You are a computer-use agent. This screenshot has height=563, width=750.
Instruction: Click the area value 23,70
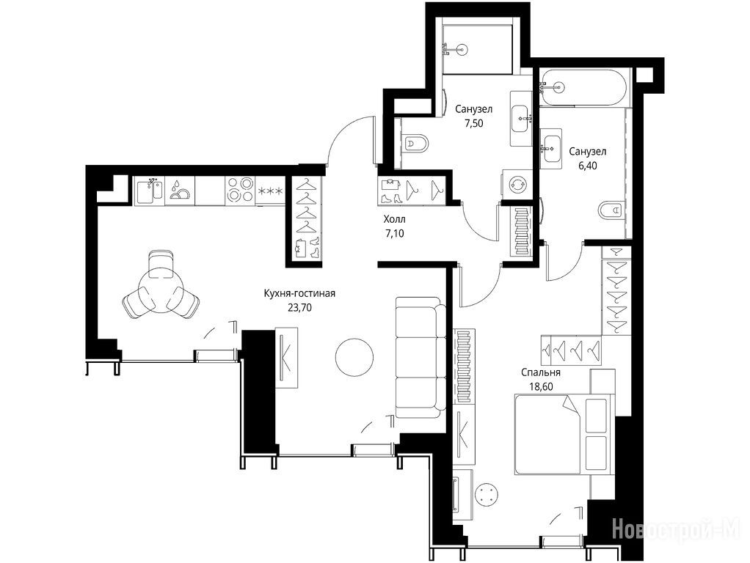[x=299, y=308]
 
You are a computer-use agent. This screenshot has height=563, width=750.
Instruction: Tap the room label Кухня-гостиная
[x=299, y=293]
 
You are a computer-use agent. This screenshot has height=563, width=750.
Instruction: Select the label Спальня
[x=541, y=373]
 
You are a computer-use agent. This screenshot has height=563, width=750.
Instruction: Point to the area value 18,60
[x=541, y=386]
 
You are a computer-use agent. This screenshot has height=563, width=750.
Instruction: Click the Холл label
[x=395, y=219]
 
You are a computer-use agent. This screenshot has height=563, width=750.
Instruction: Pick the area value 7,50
[x=473, y=123]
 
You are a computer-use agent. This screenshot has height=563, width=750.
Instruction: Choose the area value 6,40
[x=588, y=166]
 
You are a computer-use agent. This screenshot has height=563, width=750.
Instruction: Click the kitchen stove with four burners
[x=239, y=190]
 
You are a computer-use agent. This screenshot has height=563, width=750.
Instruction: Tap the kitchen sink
[x=149, y=190]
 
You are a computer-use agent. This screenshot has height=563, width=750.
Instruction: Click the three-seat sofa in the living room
[x=420, y=358]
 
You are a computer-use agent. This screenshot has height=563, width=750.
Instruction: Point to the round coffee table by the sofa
[x=354, y=358]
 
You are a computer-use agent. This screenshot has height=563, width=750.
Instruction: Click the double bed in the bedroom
[x=564, y=434]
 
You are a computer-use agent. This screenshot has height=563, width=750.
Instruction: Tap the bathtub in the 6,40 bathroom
[x=586, y=88]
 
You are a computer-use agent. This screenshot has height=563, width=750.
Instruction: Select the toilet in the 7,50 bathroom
[x=415, y=143]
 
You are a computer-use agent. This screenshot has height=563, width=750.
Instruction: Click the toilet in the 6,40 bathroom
[x=612, y=210]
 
